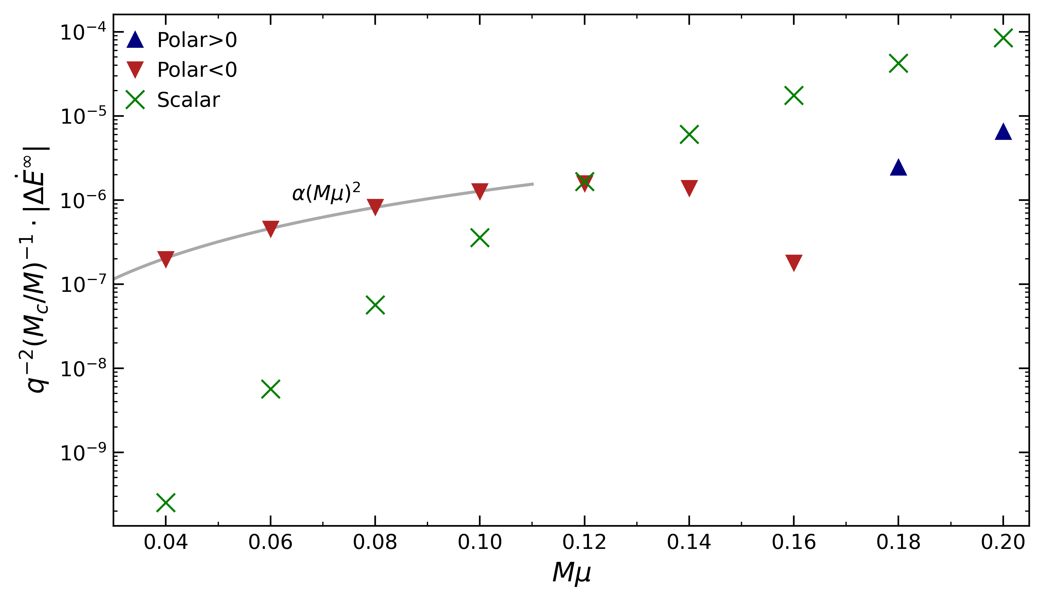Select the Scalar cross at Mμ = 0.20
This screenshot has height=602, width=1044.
pyautogui.click(x=1003, y=38)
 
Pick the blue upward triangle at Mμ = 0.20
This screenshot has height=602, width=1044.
pyautogui.click(x=1003, y=132)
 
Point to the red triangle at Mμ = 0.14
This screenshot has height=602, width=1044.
pyautogui.click(x=689, y=188)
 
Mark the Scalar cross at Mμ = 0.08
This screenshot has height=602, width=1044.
pyautogui.click(x=375, y=305)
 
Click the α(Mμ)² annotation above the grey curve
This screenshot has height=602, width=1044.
pyautogui.click(x=326, y=193)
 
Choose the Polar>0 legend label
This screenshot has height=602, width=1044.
pyautogui.click(x=197, y=40)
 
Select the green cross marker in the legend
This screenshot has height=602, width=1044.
pyautogui.click(x=135, y=100)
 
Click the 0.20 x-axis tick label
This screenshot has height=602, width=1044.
pyautogui.click(x=1003, y=542)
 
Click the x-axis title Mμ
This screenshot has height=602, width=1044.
pyautogui.click(x=571, y=573)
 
